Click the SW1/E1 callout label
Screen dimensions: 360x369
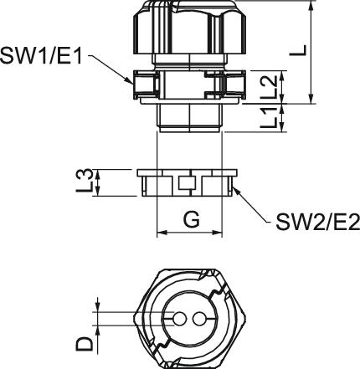[x=41, y=55]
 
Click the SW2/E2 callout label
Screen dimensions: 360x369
[x=318, y=222]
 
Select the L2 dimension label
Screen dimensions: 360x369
[x=270, y=87]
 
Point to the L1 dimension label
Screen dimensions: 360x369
[x=270, y=118]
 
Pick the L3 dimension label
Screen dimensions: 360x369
[x=84, y=181]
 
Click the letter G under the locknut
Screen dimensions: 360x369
[x=192, y=219]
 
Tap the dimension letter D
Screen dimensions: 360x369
[x=84, y=343]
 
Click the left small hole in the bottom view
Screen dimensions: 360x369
[x=179, y=319]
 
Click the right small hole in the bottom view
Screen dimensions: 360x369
[x=198, y=319]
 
